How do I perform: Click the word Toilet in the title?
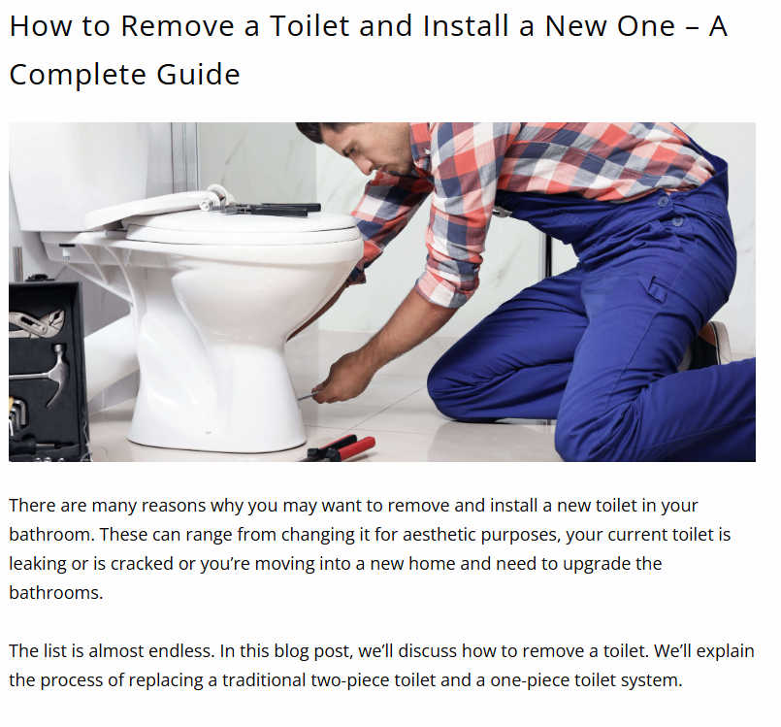coord(309,25)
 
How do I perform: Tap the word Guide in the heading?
coord(198,74)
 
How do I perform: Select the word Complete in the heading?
coord(78,76)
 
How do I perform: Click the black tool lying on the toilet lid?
coord(272,209)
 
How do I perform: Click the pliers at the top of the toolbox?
coord(36,321)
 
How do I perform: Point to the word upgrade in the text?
coord(597,564)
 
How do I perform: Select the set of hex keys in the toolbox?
coord(17,412)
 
